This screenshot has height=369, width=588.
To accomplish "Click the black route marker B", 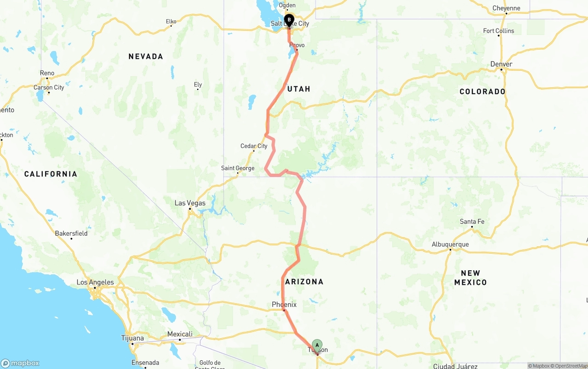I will pos(289,20).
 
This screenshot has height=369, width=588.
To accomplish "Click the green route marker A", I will pos(317,345).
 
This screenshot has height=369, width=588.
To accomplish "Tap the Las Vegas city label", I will pos(190,203).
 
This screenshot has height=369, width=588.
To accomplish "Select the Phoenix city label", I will pos(284,305).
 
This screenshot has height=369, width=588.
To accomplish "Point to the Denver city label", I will pos(501,64).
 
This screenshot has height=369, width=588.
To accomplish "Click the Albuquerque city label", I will pos(450,244).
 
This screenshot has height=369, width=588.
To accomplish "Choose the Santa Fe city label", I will pos(472,221).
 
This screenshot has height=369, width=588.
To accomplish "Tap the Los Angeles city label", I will pos(95,282).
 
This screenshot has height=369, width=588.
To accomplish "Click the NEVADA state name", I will pos(146,57).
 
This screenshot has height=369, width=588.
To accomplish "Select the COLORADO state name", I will pos(482,91).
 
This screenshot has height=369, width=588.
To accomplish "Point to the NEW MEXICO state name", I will pos(470,278).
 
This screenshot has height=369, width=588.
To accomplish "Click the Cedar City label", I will pos(254,146).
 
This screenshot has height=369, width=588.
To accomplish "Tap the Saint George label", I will pos(237,168).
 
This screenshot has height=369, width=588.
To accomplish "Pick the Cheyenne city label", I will pos(506,8).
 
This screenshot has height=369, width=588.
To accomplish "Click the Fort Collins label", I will pos(498,31).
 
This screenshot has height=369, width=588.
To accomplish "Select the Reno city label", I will pos(47,73).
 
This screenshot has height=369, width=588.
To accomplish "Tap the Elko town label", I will pos(171,21).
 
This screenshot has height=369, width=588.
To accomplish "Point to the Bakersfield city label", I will pos(71,233).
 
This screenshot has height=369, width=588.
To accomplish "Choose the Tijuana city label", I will pos(132,338).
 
